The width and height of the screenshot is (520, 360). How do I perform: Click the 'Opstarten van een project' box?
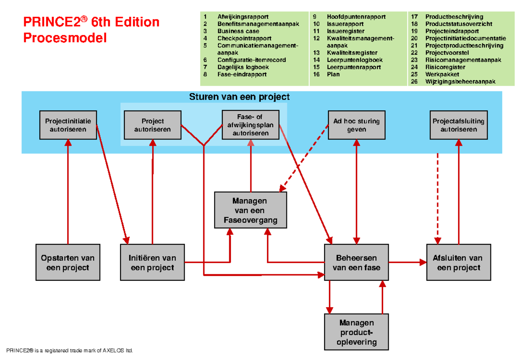(68, 263)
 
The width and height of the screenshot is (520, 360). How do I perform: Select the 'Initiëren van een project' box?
(152, 263)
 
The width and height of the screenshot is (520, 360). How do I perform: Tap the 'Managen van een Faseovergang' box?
(250, 211)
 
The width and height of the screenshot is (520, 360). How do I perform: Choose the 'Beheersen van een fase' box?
(356, 263)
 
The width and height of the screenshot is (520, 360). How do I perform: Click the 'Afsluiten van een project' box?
(458, 263)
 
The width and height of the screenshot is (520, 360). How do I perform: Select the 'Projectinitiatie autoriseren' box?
(68, 125)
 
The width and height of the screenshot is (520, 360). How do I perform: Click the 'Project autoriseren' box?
(152, 125)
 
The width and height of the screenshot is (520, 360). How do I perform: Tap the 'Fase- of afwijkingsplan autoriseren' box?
(250, 125)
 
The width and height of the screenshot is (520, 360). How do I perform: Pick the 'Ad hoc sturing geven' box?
(356, 125)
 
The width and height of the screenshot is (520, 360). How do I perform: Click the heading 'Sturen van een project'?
(239, 97)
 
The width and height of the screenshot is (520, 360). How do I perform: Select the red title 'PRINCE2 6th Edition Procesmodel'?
(91, 29)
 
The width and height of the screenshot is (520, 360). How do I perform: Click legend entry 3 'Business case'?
(238, 31)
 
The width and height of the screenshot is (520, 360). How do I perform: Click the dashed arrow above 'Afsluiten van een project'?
(438, 199)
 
